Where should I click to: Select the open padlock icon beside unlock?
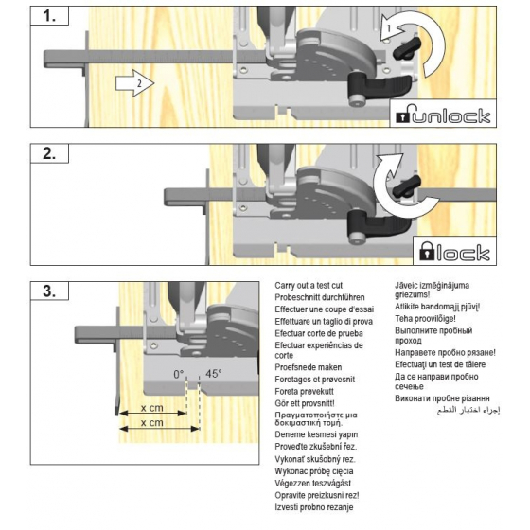pyautogui.click(x=404, y=116)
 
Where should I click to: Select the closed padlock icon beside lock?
pyautogui.click(x=425, y=253)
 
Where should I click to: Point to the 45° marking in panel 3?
pyautogui.click(x=214, y=375)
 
